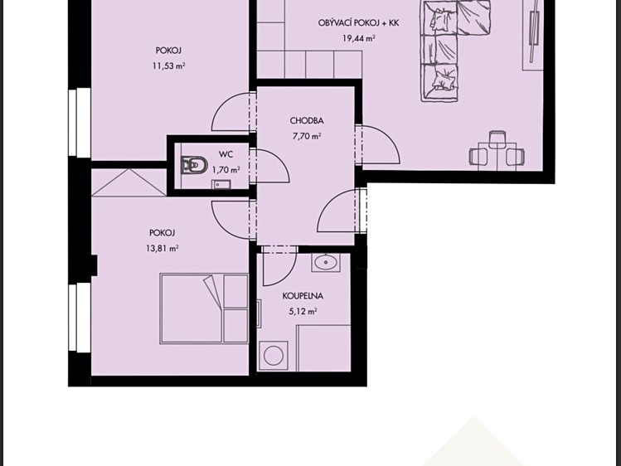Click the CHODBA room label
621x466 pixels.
point(307,120)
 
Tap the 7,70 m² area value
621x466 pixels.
point(307,136)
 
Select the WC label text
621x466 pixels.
point(226,154)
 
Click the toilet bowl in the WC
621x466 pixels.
point(195,165)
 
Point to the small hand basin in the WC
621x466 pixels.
point(221,184)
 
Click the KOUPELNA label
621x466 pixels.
point(303,296)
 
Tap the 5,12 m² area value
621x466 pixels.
point(303,311)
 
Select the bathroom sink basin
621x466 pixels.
point(326,262)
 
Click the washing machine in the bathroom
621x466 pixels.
point(274,355)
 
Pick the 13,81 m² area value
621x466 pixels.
point(162,248)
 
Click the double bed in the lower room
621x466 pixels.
point(204,308)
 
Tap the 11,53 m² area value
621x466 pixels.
point(168,66)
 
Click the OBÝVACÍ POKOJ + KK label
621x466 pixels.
point(358,23)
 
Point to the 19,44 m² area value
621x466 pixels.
point(359,38)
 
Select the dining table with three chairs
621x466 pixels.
point(497,153)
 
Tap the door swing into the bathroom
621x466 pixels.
point(279,265)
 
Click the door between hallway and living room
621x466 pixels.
point(377,144)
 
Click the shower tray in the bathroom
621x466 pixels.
point(323,348)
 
